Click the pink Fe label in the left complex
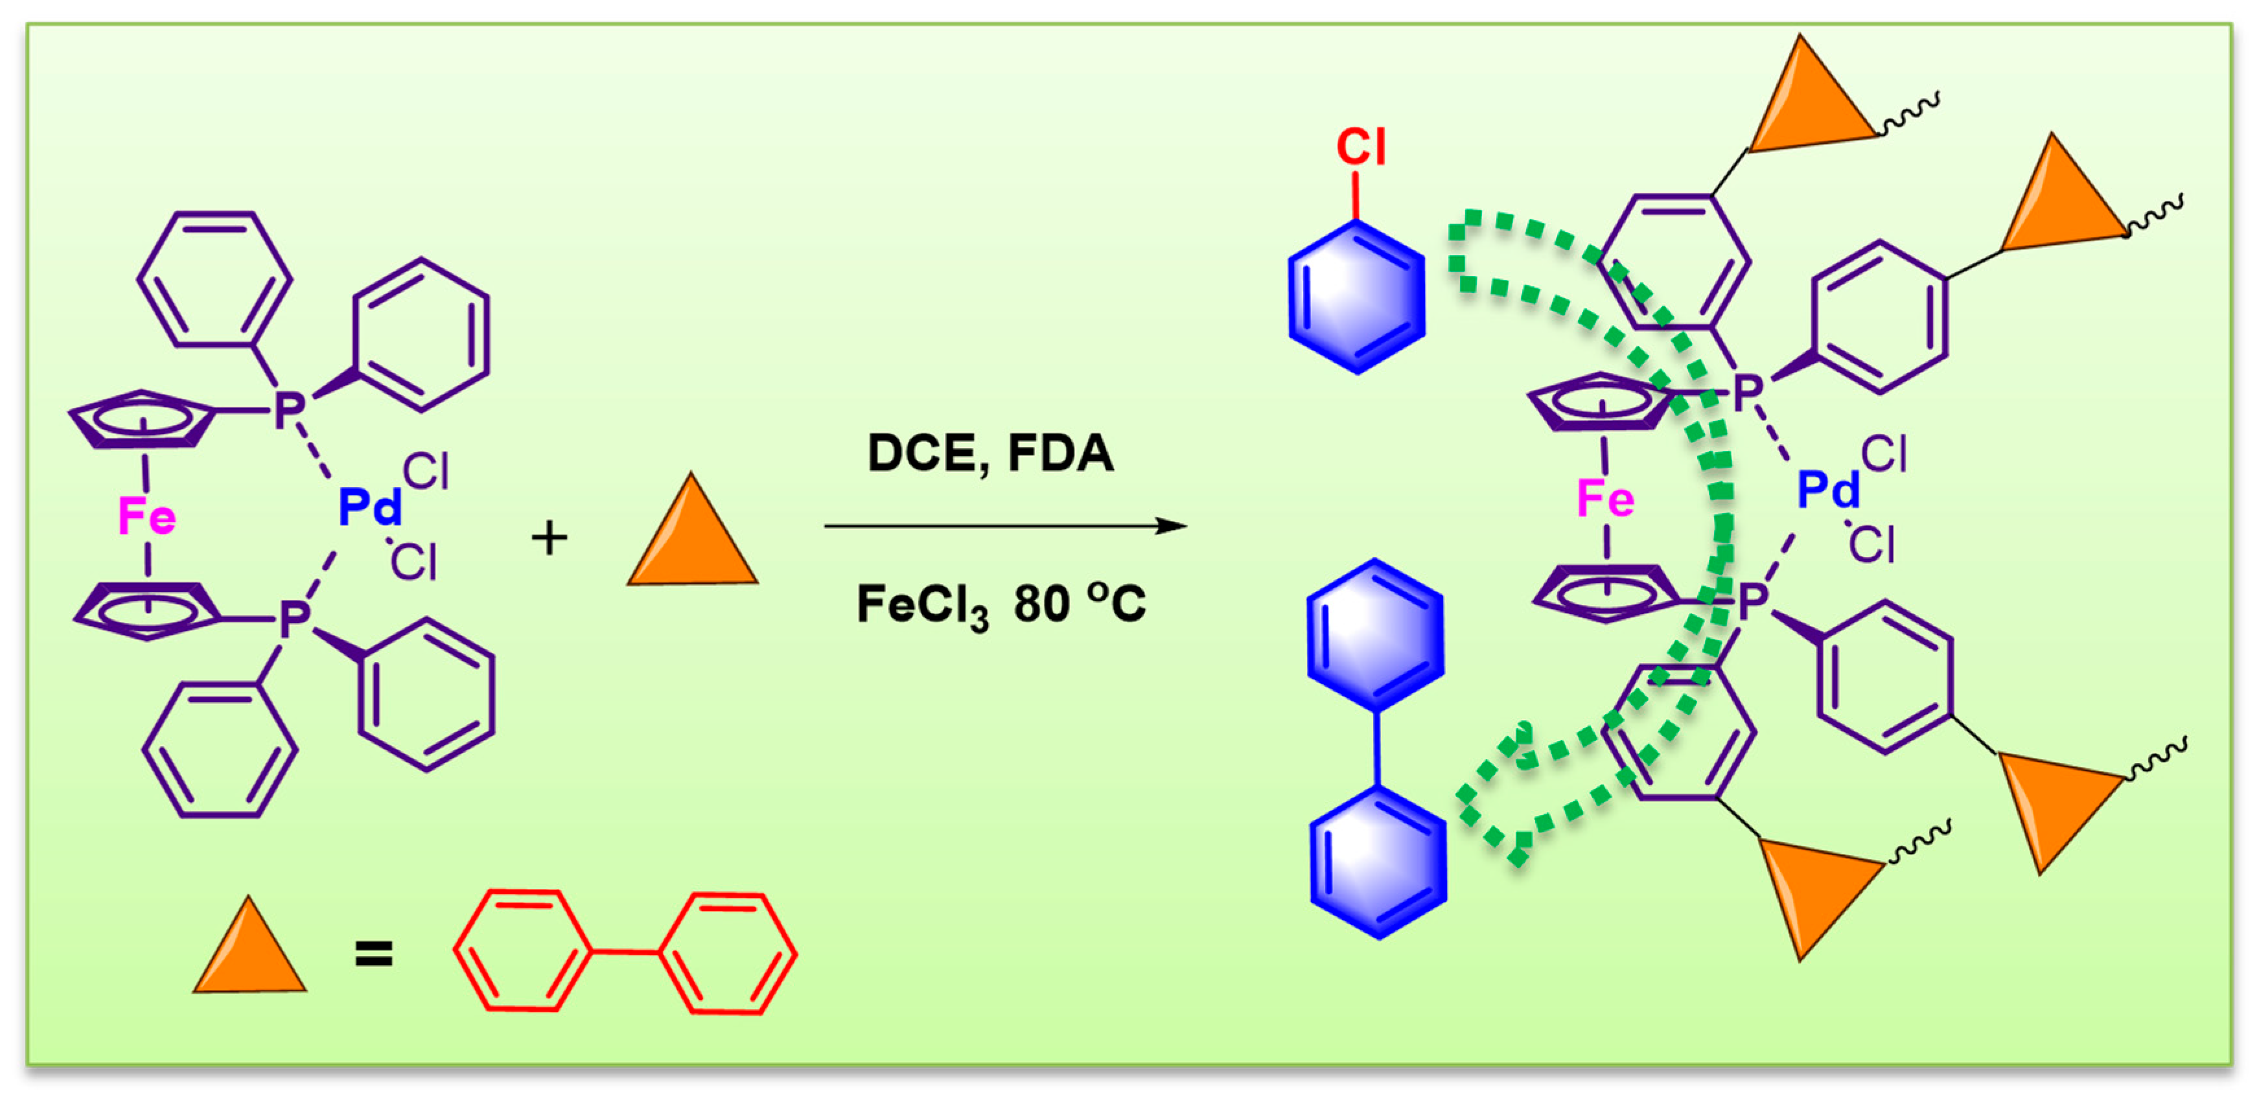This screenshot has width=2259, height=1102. (146, 516)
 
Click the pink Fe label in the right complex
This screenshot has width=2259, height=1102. (1604, 499)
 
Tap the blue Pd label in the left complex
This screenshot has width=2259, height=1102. (370, 507)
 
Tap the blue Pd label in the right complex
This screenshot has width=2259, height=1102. (1829, 489)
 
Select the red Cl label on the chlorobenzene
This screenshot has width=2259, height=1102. (1361, 146)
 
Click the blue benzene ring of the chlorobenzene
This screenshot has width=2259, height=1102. (1356, 298)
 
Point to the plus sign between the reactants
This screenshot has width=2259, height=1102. (549, 538)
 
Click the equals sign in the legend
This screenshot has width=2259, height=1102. (373, 954)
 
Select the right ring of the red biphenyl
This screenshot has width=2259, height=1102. (728, 953)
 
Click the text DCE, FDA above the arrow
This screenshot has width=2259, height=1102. (990, 453)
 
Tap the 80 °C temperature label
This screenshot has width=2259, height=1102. (1080, 603)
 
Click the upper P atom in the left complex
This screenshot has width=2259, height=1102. (290, 409)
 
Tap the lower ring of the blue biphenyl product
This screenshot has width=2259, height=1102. (1378, 864)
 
